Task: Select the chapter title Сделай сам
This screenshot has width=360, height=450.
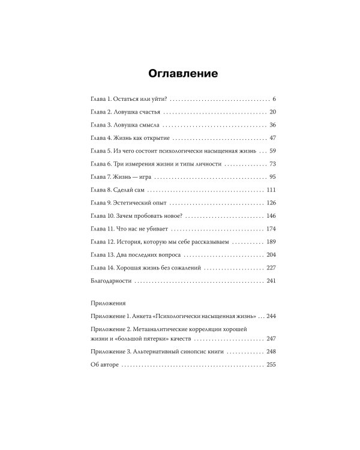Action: [130, 190]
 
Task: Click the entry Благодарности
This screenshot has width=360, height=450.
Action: [107, 281]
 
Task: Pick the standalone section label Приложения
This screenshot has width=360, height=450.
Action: [105, 304]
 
